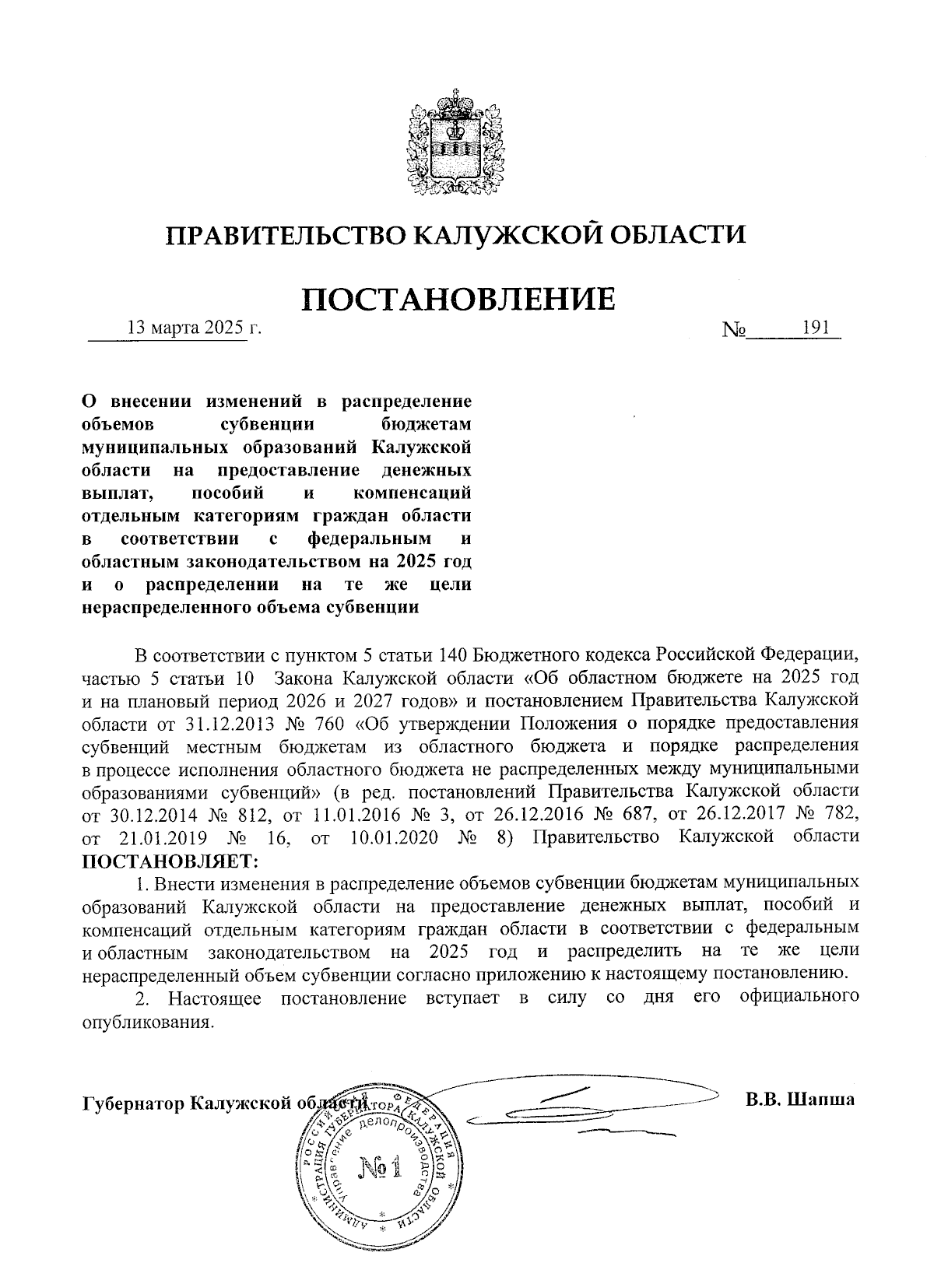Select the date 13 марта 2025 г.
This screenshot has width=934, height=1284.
pos(195,328)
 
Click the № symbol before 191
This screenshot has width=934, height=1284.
pos(734,329)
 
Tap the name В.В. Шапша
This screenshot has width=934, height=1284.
pos(799,1100)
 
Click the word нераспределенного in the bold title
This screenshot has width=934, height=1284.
pos(166,608)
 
